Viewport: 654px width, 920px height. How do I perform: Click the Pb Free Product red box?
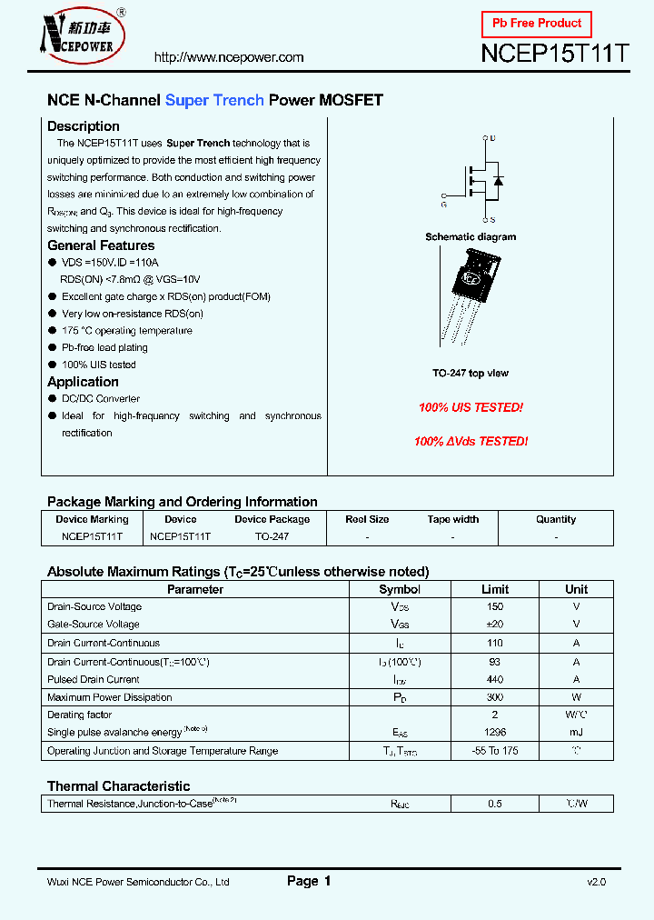click(x=536, y=24)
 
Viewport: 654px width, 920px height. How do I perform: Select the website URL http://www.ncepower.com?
click(x=229, y=57)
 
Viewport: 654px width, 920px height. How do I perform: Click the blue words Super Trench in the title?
click(x=214, y=100)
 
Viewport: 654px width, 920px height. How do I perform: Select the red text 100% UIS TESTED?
click(x=471, y=408)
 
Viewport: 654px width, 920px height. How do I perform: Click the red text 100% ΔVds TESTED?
click(x=471, y=441)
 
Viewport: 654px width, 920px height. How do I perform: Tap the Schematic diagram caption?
click(x=471, y=237)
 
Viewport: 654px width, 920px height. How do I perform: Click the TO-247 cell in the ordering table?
click(x=272, y=536)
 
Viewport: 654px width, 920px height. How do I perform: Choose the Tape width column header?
click(x=453, y=519)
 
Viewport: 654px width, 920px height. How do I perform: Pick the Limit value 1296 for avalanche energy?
click(x=495, y=733)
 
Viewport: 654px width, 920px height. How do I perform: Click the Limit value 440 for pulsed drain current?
click(x=495, y=679)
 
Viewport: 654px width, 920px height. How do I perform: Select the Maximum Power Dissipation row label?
click(x=110, y=697)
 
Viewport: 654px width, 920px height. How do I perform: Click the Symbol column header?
click(x=400, y=589)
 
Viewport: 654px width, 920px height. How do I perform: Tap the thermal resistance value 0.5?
click(x=495, y=804)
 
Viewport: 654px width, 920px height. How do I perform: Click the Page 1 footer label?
click(x=309, y=881)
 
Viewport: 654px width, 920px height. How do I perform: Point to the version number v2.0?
click(x=596, y=882)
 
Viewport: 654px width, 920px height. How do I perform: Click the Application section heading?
click(x=83, y=382)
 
